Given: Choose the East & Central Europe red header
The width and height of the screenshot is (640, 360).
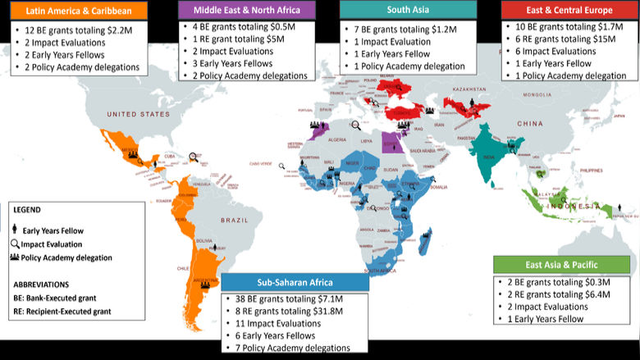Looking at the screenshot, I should [x=569, y=10].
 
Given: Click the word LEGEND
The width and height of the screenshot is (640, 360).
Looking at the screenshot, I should [x=28, y=209].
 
